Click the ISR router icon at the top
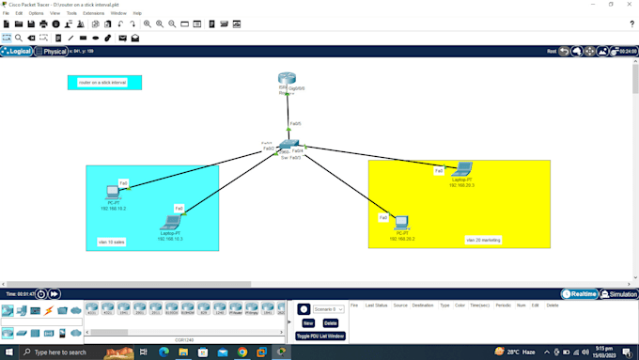coord(287,82)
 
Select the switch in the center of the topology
coord(288,148)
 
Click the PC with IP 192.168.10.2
coord(113,192)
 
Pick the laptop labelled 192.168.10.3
coord(170,222)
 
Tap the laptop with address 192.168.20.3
coord(460,170)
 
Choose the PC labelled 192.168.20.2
coord(402,224)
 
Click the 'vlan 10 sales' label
coord(112,242)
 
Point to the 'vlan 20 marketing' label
coord(484,240)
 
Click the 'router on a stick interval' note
coord(104,83)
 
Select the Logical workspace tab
coord(18,51)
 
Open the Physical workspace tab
coord(52,51)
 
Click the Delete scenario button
coord(330,322)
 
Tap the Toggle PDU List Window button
coord(320,336)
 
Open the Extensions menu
coord(94,13)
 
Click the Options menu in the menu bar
coord(36,13)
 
